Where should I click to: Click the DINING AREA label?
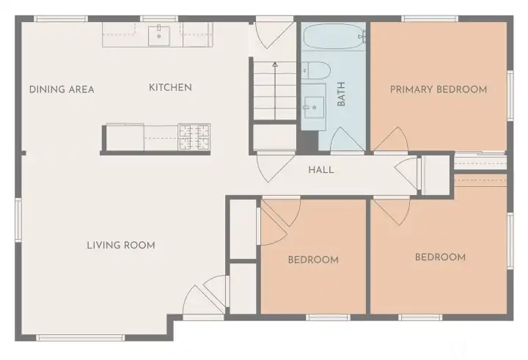click(62, 89)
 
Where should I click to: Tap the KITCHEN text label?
click(170, 88)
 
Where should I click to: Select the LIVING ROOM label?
click(121, 246)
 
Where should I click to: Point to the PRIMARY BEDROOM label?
click(438, 89)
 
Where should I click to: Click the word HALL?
click(320, 170)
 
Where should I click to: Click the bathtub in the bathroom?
click(334, 35)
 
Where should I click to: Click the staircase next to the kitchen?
click(275, 92)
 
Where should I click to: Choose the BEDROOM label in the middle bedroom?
click(313, 260)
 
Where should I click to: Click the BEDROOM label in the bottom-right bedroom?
click(440, 257)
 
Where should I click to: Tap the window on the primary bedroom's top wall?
click(430, 18)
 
